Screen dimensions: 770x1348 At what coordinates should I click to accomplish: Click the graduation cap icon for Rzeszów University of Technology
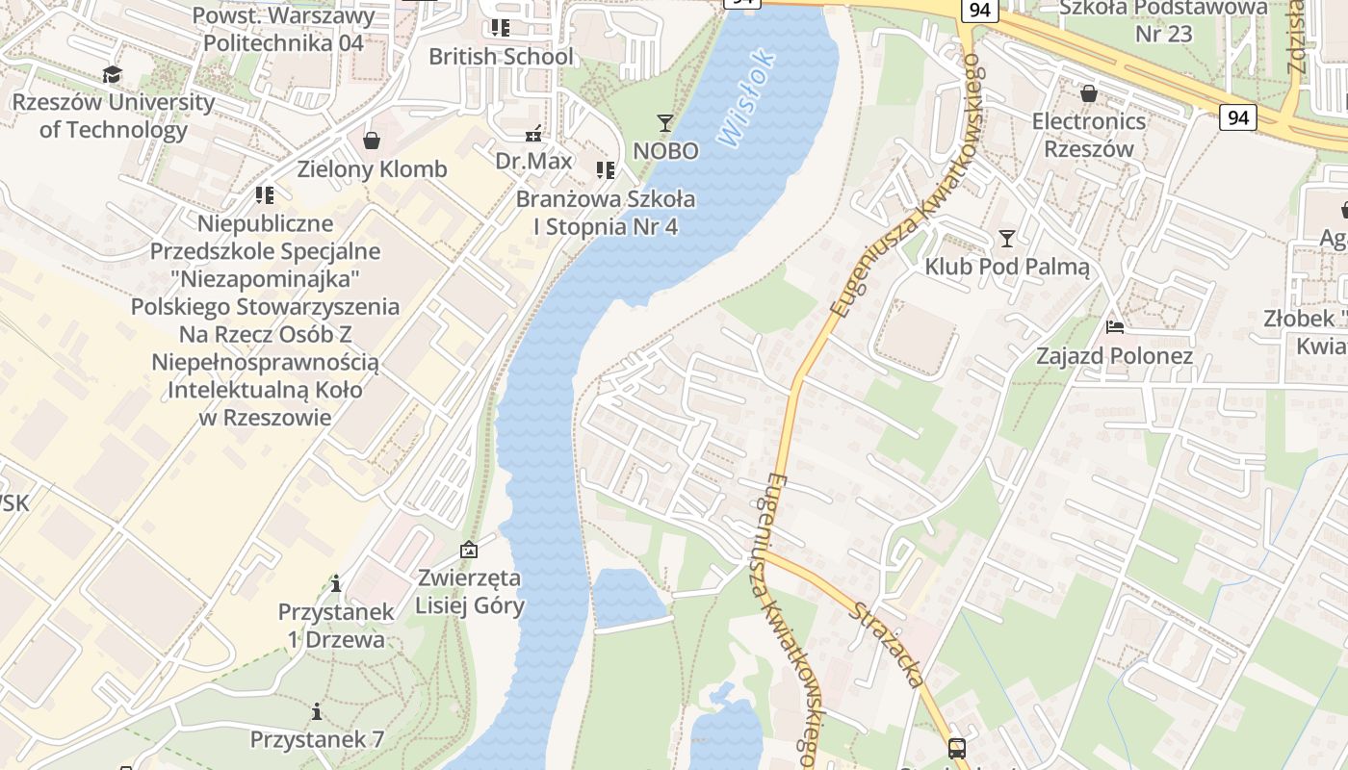pyautogui.click(x=113, y=74)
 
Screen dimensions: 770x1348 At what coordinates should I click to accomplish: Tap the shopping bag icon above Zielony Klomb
pyautogui.click(x=372, y=141)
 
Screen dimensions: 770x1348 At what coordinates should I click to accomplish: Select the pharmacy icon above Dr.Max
pyautogui.click(x=533, y=134)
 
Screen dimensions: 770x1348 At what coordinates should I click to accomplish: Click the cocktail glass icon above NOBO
pyautogui.click(x=665, y=122)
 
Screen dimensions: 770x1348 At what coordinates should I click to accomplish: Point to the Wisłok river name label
pyautogui.click(x=747, y=99)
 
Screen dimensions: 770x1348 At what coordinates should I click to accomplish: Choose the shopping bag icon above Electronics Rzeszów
pyautogui.click(x=1089, y=93)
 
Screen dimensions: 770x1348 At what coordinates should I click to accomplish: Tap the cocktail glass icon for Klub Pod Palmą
pyautogui.click(x=1007, y=238)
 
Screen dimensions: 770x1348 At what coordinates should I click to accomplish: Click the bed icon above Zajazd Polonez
pyautogui.click(x=1115, y=327)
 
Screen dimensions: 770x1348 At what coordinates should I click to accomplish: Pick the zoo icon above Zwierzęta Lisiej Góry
pyautogui.click(x=469, y=550)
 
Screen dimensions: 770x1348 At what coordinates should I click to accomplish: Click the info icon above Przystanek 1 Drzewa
pyautogui.click(x=336, y=583)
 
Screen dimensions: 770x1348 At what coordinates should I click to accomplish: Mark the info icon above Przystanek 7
pyautogui.click(x=317, y=711)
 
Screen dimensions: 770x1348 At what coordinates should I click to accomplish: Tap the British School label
pyautogui.click(x=501, y=57)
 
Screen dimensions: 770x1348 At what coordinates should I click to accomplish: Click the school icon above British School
pyautogui.click(x=501, y=28)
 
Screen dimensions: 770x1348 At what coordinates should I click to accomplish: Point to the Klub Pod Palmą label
pyautogui.click(x=1007, y=267)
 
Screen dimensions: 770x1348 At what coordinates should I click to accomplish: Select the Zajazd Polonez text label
pyautogui.click(x=1114, y=356)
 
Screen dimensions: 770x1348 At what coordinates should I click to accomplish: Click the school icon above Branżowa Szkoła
pyautogui.click(x=606, y=170)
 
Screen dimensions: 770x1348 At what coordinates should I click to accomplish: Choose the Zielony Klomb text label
pyautogui.click(x=372, y=169)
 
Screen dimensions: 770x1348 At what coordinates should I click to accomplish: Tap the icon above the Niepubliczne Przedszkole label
pyautogui.click(x=265, y=195)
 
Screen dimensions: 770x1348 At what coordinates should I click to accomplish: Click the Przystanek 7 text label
pyautogui.click(x=317, y=739)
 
